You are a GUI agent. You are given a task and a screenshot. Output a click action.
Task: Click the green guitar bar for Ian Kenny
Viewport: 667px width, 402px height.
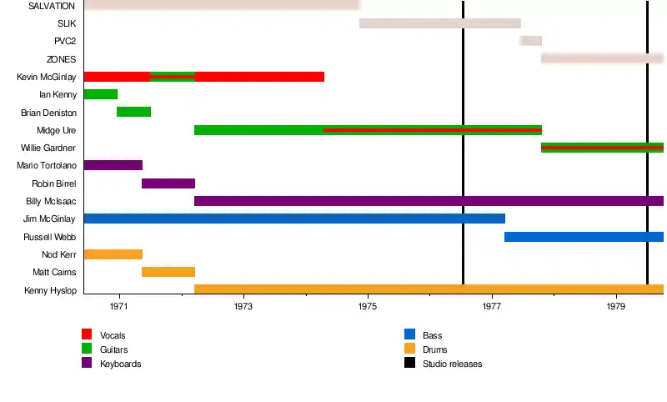[101, 94]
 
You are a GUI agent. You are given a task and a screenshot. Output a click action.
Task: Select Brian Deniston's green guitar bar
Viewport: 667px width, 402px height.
[133, 112]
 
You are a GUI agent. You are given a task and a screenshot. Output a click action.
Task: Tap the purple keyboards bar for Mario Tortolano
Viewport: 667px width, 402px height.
[113, 165]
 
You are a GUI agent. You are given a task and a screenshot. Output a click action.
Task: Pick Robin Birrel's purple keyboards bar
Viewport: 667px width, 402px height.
[168, 183]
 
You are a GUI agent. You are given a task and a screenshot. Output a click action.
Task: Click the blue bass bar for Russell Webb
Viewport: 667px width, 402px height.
[584, 237]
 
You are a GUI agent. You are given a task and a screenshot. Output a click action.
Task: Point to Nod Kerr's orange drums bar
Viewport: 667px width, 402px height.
[113, 254]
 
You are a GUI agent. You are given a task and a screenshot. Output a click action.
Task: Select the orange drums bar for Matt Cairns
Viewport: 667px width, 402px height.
[168, 272]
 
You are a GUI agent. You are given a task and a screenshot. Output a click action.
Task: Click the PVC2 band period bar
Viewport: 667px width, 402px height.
[531, 41]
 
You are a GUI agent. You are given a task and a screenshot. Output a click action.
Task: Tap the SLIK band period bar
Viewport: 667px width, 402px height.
[440, 23]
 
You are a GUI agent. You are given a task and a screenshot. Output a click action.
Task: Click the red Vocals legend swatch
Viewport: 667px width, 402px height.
[86, 335]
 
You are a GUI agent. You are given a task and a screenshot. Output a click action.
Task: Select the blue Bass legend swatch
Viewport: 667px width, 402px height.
[409, 335]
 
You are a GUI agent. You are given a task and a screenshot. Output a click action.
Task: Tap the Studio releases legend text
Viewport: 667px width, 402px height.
[452, 364]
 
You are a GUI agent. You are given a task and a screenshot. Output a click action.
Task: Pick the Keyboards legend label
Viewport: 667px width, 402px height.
[120, 364]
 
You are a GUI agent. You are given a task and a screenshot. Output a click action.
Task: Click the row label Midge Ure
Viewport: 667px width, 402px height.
[57, 130]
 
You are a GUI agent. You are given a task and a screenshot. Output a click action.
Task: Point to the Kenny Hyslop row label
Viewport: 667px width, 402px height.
[51, 290]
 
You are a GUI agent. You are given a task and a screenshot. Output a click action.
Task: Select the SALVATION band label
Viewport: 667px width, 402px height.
[52, 6]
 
